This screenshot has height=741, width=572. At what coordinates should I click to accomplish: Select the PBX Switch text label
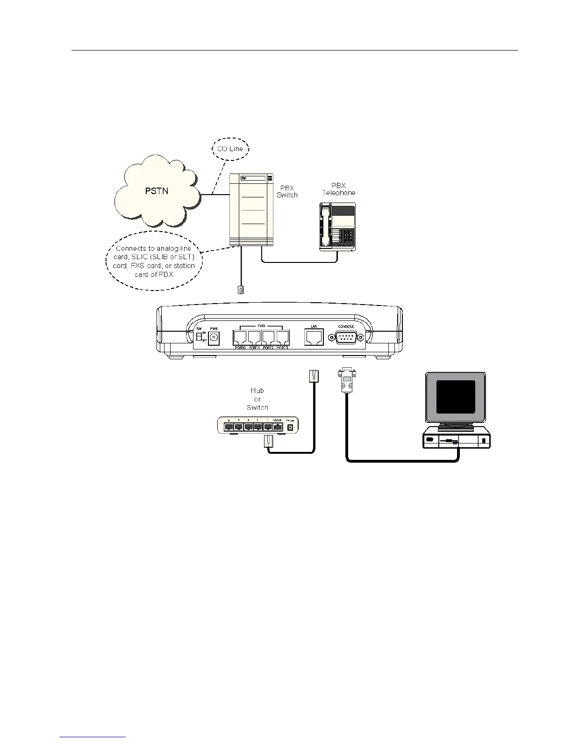point(287,191)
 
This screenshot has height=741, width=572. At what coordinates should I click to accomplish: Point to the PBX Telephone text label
point(338,189)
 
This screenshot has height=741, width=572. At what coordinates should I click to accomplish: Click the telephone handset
point(326,226)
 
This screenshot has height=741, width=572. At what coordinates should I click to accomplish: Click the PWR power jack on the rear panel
point(214,338)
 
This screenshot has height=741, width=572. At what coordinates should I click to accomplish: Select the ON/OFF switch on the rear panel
point(199,337)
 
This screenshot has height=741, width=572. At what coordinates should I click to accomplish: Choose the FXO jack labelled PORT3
point(282,338)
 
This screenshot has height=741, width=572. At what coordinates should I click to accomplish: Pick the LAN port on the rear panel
point(314,337)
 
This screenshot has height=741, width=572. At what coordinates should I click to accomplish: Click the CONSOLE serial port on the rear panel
point(346,337)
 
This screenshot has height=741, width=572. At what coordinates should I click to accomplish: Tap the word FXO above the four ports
point(261,325)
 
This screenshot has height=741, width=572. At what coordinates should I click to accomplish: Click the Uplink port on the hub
point(278,427)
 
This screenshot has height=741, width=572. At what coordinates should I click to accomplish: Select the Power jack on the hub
point(290,427)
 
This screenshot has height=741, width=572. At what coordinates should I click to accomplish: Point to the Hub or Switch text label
point(257,399)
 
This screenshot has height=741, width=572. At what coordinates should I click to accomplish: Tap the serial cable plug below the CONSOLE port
point(346,379)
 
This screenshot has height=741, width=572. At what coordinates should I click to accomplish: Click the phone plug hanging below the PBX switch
point(240,290)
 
